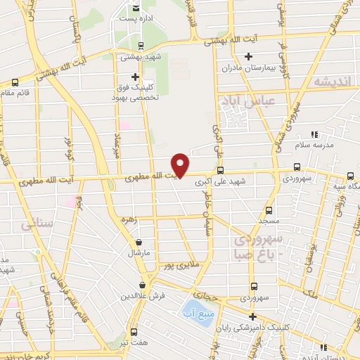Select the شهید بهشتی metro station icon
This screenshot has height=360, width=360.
pyautogui.click(x=141, y=46)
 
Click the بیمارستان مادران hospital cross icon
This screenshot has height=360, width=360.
pyautogui.click(x=247, y=56)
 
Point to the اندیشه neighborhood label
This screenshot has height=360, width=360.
pyautogui.click(x=331, y=82)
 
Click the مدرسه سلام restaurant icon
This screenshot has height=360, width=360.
pyautogui.click(x=315, y=134)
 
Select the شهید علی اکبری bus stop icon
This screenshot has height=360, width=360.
pyautogui.click(x=220, y=170)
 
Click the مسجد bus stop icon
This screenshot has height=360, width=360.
pyautogui.click(x=269, y=210)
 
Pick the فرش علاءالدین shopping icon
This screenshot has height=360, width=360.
pyautogui.click(x=143, y=285)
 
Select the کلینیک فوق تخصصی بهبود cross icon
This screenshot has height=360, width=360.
pyautogui.click(x=136, y=77)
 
